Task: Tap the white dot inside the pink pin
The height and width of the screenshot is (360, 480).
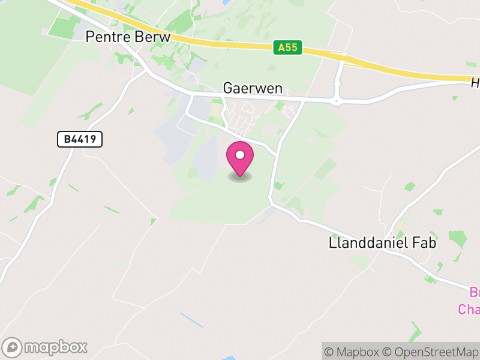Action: [x=240, y=155]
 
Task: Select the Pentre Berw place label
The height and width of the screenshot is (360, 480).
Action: [x=128, y=37]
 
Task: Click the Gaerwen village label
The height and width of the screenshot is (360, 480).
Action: [x=253, y=88]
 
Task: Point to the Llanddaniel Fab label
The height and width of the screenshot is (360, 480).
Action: [x=382, y=243]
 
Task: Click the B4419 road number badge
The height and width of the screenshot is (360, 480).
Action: [x=80, y=140]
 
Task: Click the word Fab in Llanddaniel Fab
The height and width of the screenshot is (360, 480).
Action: [x=424, y=243]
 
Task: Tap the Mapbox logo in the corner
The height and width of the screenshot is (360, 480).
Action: [x=46, y=347]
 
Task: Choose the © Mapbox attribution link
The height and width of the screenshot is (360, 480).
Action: [x=353, y=352]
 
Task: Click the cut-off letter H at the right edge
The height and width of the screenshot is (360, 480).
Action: [x=475, y=83]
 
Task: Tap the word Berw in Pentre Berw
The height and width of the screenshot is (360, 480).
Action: [x=154, y=37]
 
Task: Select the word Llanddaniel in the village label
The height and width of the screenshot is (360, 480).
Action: [x=368, y=243]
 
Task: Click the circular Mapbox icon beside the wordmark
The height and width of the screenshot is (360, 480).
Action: [x=13, y=347]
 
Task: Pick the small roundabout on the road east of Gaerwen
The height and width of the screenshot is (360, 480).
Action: [x=337, y=101]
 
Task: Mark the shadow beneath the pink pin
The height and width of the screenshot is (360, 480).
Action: [x=240, y=177]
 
